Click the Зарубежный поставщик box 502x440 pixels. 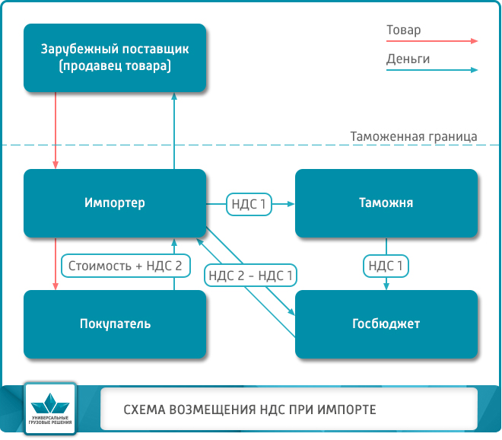115,58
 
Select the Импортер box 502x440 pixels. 115,203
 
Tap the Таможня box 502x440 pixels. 386,203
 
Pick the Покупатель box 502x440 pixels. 115,324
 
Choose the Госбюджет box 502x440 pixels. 386,324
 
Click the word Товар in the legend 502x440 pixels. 403,30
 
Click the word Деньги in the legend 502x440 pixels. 408,59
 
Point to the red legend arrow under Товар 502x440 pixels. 431,42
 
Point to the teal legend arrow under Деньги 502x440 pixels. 431,70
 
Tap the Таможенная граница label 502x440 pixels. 413,137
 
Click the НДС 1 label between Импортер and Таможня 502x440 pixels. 249,204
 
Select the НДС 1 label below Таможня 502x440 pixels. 386,266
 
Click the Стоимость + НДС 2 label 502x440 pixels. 125,266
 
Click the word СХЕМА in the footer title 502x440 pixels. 144,410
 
